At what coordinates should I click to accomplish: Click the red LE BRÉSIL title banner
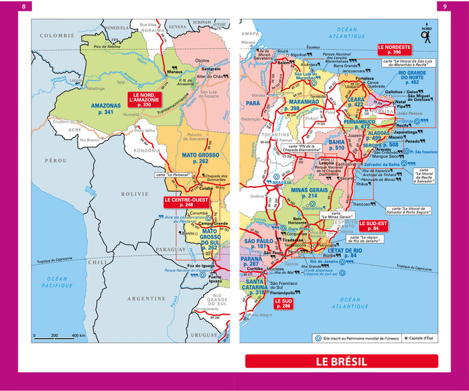[341, 362]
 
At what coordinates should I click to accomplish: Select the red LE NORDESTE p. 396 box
[394, 50]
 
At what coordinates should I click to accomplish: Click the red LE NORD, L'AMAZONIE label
[144, 100]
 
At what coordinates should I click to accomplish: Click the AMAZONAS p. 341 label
[107, 109]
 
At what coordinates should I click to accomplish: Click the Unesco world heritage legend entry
[355, 338]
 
